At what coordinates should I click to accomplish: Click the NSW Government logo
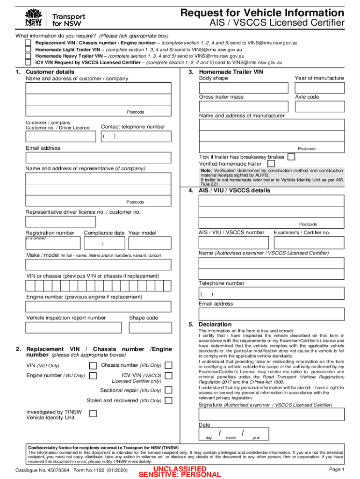pyautogui.click(x=33, y=18)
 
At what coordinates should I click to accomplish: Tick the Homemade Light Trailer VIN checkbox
pyautogui.click(x=29, y=49)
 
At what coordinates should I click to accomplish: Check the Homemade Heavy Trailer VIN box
pyautogui.click(x=29, y=55)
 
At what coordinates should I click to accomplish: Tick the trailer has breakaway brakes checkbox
pyautogui.click(x=291, y=157)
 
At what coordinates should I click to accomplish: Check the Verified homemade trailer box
pyautogui.click(x=271, y=164)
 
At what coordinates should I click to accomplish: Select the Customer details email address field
pyautogui.click(x=98, y=158)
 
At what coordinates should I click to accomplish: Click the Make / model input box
pyautogui.click(x=98, y=265)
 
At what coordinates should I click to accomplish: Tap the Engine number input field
pyautogui.click(x=98, y=306)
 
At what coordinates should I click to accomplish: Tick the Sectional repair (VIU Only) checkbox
pyautogui.click(x=168, y=390)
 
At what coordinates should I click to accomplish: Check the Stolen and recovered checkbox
pyautogui.click(x=168, y=400)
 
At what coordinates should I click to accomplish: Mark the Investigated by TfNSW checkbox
pyautogui.click(x=93, y=414)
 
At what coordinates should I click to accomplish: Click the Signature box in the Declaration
pyautogui.click(x=271, y=414)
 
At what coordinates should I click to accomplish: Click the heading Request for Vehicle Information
pyautogui.click(x=262, y=13)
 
